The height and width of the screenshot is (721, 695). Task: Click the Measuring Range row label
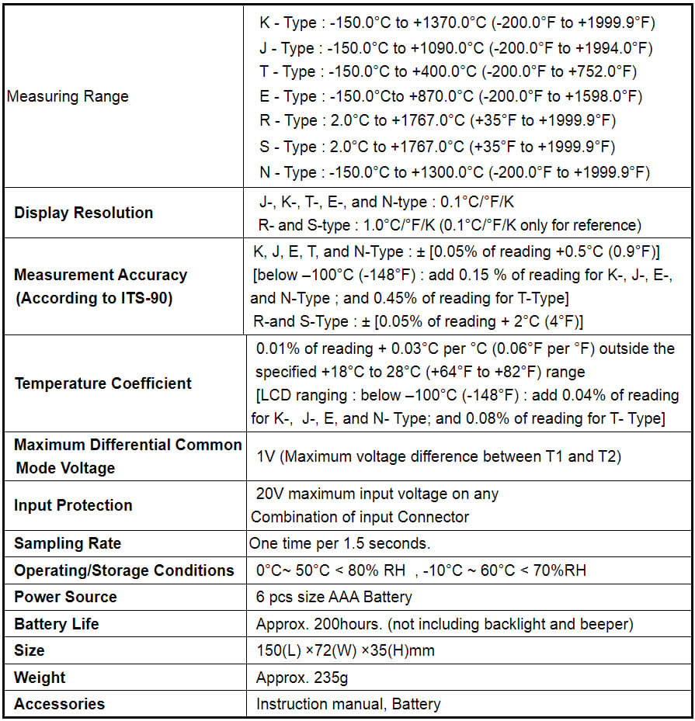click(68, 97)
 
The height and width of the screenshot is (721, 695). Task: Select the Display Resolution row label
click(84, 213)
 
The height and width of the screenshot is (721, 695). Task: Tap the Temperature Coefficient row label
click(103, 383)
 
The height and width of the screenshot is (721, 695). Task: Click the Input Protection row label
click(73, 505)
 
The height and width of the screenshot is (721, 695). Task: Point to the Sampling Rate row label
click(68, 543)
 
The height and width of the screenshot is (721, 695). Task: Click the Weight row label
click(40, 678)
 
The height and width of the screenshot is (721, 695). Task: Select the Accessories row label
click(59, 704)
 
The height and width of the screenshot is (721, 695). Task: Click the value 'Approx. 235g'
click(302, 678)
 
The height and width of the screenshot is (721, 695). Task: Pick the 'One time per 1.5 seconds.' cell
click(339, 543)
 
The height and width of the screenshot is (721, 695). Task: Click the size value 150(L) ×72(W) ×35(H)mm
click(345, 650)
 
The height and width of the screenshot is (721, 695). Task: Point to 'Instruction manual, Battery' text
click(348, 704)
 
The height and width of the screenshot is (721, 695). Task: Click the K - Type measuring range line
click(456, 23)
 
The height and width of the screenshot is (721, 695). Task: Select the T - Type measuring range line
click(448, 72)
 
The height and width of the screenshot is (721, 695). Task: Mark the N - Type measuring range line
click(454, 172)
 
